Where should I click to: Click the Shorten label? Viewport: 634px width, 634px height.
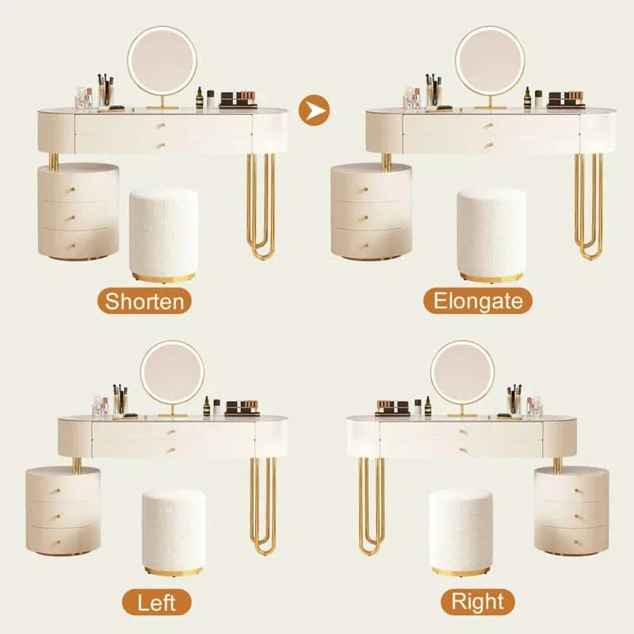pos(144,301)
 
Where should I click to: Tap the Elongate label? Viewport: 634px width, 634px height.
pos(478,301)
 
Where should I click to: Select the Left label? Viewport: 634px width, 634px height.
pos(156,602)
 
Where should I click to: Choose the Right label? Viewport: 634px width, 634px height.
pos(478,602)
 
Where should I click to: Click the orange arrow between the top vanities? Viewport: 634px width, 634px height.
pos(314,110)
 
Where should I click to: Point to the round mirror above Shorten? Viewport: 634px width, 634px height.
pos(162,61)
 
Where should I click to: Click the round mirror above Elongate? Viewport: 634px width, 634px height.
pos(490,61)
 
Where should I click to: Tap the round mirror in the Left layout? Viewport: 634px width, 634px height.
pos(172,372)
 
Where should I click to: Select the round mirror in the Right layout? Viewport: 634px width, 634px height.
pos(462,372)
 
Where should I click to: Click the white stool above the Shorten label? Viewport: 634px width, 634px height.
pos(164,235)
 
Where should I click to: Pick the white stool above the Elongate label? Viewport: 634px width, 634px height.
pos(491,235)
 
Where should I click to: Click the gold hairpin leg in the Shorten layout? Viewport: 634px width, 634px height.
pos(262,206)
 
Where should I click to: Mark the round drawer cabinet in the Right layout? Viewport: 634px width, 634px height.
pos(571,510)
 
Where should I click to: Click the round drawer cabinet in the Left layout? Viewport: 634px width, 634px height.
pos(63,510)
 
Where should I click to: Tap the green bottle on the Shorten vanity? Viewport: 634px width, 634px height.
pos(200,97)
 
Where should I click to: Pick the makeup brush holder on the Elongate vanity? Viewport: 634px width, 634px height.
pos(433,91)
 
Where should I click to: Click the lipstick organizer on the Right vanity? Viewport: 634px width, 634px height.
pos(392,407)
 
